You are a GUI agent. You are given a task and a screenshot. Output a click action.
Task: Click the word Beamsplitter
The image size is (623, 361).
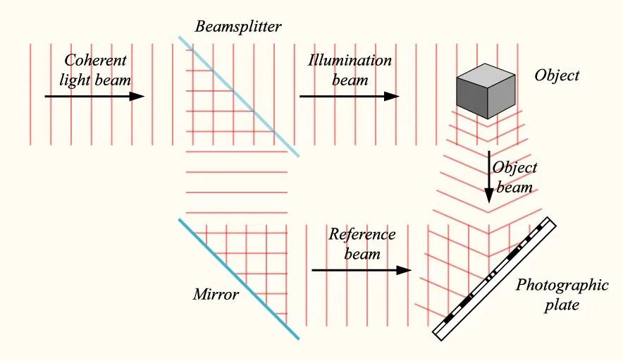pyautogui.click(x=239, y=27)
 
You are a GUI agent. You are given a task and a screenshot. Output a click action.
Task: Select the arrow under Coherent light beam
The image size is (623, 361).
pyautogui.click(x=94, y=96)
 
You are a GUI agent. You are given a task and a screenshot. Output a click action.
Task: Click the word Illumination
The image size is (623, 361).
pyautogui.click(x=350, y=61)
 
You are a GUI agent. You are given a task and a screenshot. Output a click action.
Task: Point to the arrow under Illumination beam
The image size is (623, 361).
pyautogui.click(x=349, y=96)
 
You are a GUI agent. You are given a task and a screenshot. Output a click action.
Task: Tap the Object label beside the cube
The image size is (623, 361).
pyautogui.click(x=557, y=75)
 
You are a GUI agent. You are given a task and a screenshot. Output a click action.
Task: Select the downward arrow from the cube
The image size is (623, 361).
pyautogui.click(x=488, y=180)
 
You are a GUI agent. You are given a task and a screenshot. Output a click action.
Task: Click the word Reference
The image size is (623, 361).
pyautogui.click(x=362, y=234)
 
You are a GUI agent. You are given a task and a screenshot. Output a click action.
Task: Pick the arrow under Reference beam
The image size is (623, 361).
pyautogui.click(x=362, y=270)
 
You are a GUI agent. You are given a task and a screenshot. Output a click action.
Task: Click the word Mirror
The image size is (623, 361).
pyautogui.click(x=216, y=294)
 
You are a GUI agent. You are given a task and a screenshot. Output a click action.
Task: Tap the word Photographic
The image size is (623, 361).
pyautogui.click(x=562, y=286)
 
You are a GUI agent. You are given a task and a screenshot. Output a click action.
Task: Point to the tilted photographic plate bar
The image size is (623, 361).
pyautogui.click(x=495, y=279)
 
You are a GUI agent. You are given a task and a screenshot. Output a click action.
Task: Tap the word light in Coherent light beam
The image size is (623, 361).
pyautogui.click(x=78, y=79)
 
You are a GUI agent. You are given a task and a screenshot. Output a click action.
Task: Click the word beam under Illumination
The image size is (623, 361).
pyautogui.click(x=350, y=79)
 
